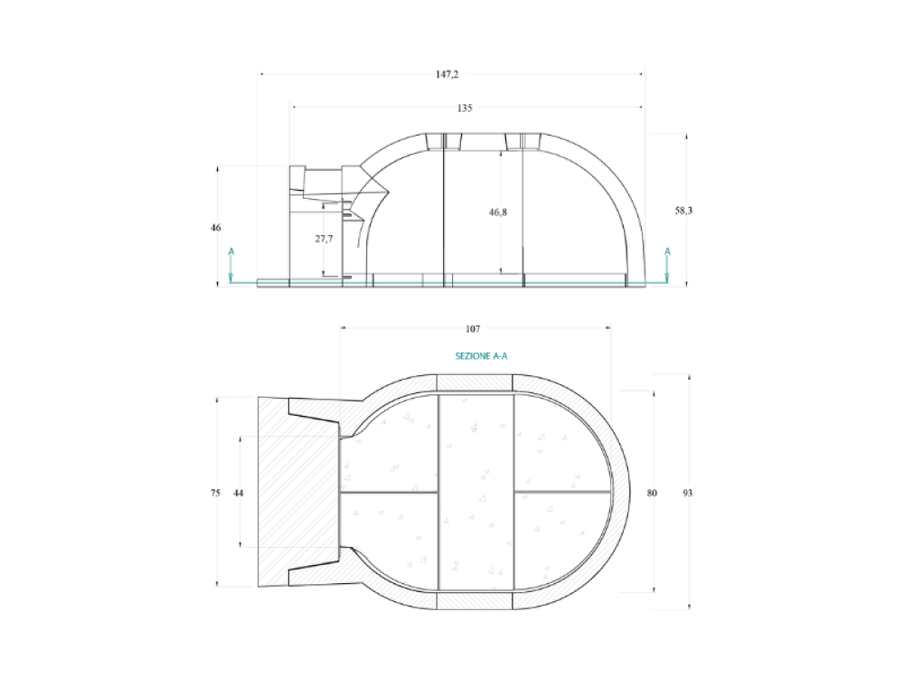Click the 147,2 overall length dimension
tap(447, 74)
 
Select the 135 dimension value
tap(465, 108)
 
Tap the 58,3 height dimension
tap(683, 211)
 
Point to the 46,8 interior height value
tap(498, 212)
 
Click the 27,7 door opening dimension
tap(324, 239)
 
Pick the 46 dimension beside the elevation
tap(216, 228)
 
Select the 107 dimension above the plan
tap(473, 329)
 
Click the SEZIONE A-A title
tap(482, 356)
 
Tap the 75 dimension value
tap(216, 493)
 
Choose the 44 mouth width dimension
tap(238, 493)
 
